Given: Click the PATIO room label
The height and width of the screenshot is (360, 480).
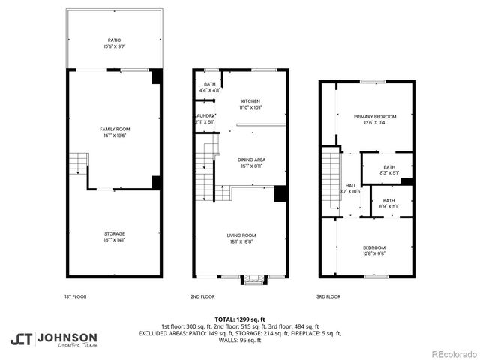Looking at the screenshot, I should point(114,40).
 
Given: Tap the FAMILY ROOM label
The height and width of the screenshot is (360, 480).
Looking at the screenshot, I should point(115,130).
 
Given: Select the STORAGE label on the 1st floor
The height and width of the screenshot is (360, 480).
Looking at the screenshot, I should point(115,234).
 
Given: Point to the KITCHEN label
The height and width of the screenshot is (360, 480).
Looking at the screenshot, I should point(250,100).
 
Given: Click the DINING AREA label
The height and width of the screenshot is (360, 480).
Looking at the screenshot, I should point(251,160).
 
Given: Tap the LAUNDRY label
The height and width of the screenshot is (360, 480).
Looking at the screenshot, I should point(204,115).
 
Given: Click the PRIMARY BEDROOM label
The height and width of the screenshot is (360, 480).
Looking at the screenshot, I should point(375,117).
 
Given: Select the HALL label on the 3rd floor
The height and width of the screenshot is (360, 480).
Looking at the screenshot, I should point(351,185).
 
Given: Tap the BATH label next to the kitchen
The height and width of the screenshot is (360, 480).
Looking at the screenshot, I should point(209,84).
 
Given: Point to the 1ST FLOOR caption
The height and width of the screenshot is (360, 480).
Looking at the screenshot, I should point(75,296).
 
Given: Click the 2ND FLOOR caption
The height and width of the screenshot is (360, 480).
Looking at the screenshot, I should point(202,296).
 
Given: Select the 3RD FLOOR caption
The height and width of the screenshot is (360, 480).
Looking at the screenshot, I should point(327,296).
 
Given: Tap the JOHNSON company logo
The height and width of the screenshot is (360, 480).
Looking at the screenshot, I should point(53,338).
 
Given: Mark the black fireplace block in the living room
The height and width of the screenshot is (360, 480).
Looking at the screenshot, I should point(280,193).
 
